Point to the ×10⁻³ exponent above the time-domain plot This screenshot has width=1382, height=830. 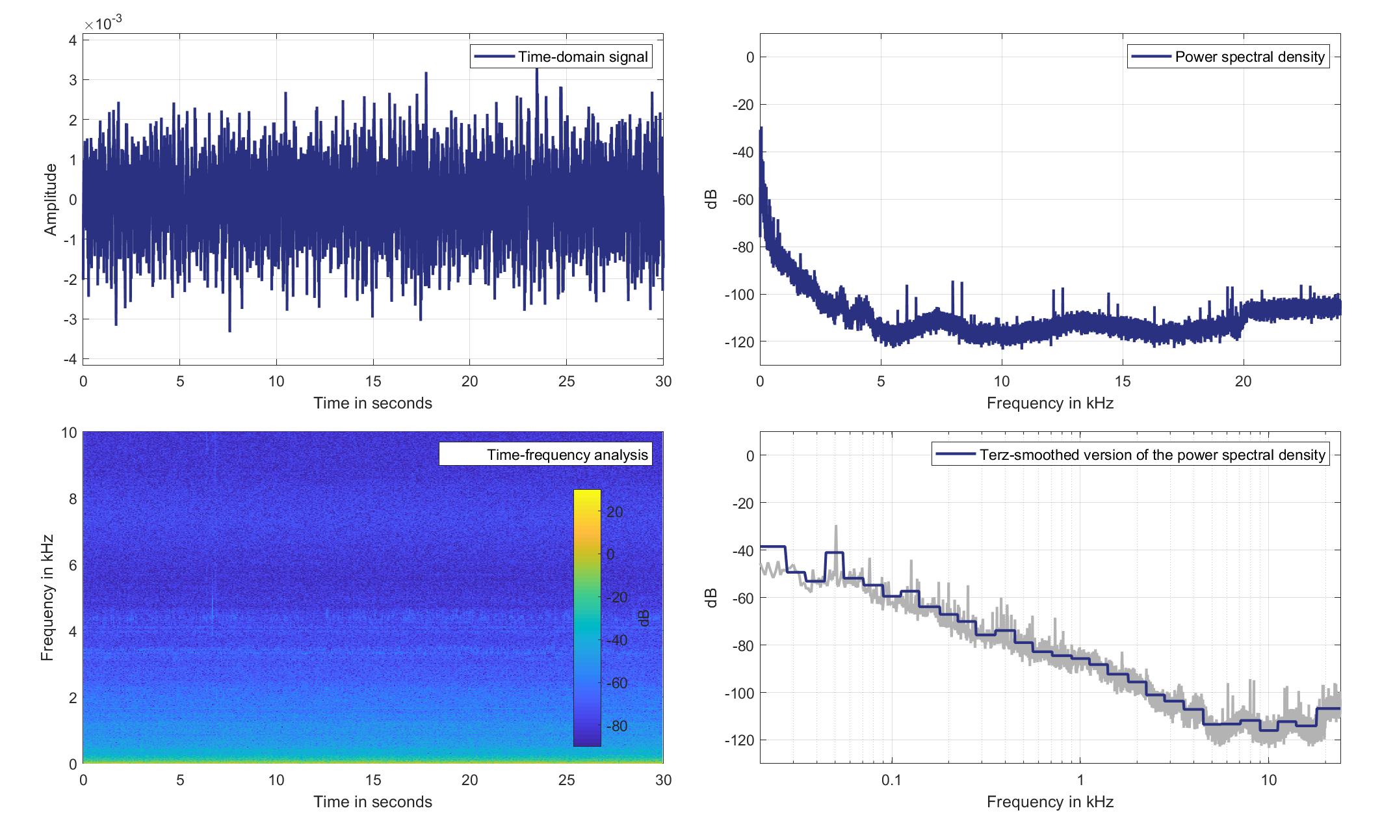tap(103, 23)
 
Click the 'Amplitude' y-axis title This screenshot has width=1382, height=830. tap(50, 200)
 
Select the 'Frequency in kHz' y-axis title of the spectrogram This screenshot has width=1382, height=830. tap(47, 598)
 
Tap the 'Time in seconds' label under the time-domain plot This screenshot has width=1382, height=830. tap(372, 403)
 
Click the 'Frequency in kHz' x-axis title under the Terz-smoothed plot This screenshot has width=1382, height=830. tap(1050, 802)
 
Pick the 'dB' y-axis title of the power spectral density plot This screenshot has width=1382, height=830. tap(711, 200)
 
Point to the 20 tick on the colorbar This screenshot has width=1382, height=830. tap(614, 512)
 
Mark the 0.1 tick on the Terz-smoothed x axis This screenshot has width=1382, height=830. tap(891, 780)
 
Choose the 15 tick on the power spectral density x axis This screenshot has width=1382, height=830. tap(1123, 381)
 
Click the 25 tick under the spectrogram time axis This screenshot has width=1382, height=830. tap(566, 780)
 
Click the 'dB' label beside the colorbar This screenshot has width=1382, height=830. tap(644, 618)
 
